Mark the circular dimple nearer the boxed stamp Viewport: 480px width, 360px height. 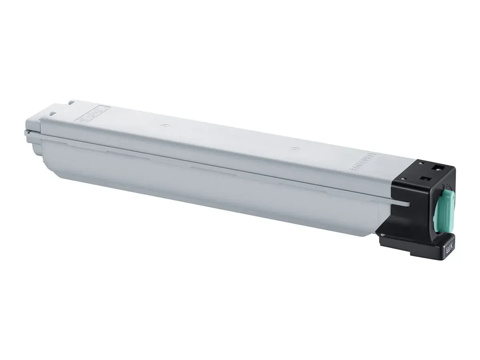click(x=162, y=126)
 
